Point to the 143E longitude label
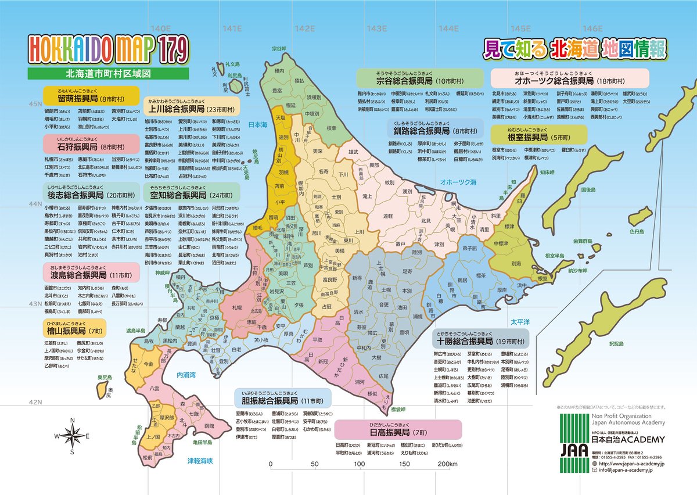coord(376,28)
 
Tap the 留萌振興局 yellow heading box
coord(91,95)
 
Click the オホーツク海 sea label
coord(458,182)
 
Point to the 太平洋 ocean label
coord(521,320)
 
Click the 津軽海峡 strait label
coord(200,461)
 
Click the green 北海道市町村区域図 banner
coord(109,74)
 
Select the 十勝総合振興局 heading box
coord(480,337)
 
